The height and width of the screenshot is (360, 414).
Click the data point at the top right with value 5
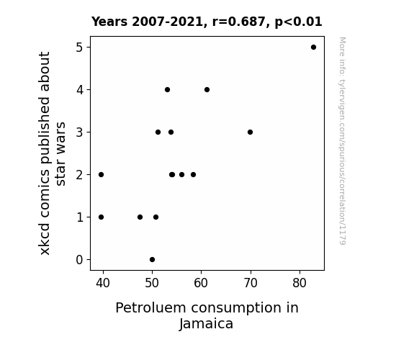tap(313, 47)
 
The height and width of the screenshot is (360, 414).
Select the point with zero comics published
tap(152, 259)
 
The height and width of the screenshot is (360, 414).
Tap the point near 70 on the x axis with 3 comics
tap(250, 132)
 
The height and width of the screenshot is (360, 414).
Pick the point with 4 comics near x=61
tap(207, 89)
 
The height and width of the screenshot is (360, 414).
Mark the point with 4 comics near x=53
tap(167, 89)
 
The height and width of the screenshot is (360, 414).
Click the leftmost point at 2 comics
tap(101, 174)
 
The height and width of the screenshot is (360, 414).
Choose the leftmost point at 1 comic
tap(101, 217)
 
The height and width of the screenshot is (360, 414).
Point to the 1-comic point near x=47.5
tap(140, 217)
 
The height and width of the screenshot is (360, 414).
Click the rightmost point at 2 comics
tap(193, 174)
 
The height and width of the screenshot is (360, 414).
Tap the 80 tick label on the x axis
tap(300, 283)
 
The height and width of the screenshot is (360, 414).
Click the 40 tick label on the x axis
tap(103, 283)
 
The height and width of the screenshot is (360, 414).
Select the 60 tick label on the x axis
tap(201, 283)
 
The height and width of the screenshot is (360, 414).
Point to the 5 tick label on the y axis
tap(79, 48)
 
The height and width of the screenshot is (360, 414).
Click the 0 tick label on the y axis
tap(79, 260)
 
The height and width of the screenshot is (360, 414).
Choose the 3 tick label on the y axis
tap(79, 132)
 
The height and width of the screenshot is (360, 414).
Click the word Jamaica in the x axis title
tap(207, 324)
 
